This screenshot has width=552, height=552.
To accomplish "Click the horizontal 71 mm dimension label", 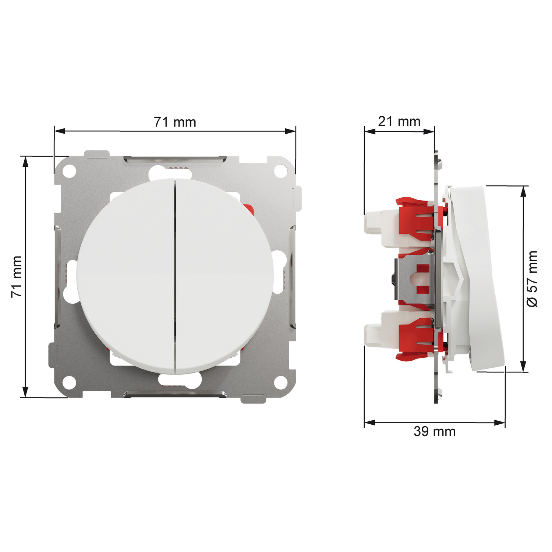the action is pos(175,122).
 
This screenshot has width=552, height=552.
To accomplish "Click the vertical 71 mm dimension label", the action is pos(17,277).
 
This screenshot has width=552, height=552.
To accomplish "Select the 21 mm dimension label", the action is pos(399,121).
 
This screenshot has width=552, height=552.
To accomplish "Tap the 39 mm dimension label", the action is pos(435,431).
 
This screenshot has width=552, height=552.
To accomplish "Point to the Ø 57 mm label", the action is pos(532,279).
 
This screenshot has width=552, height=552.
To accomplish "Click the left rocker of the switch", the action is pos(125,276).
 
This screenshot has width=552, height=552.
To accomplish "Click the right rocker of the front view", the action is pos(225,276).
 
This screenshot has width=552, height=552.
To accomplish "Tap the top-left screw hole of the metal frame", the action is pos(69,171).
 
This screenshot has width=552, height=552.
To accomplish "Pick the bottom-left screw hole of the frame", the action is pos(69,382).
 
